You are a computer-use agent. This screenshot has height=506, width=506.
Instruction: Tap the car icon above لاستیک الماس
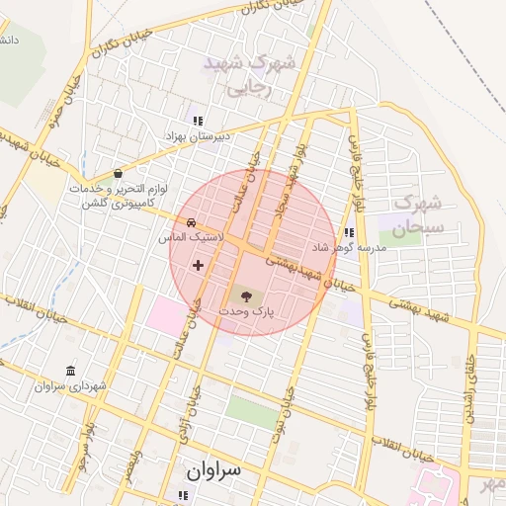(191, 222)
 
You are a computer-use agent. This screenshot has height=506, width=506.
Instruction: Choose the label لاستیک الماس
(191, 238)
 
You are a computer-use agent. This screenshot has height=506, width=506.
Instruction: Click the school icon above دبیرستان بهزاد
(198, 120)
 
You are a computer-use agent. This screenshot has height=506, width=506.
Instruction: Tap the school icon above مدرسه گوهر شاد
(348, 232)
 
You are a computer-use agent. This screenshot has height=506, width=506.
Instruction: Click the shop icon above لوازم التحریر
(119, 172)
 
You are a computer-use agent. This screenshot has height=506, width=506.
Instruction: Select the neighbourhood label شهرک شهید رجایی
(250, 74)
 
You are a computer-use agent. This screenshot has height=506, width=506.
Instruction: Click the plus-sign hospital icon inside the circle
(199, 265)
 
